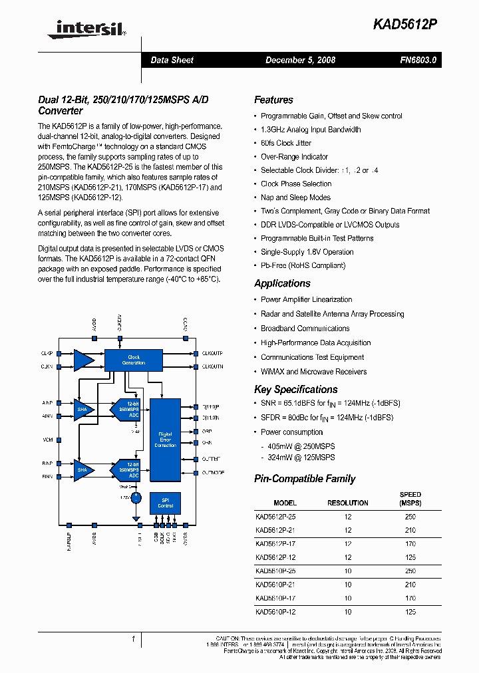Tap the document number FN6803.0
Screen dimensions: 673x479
[x=418, y=60]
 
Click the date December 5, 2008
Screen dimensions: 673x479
[x=300, y=60]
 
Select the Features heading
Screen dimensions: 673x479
[x=273, y=100]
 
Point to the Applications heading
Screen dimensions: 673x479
[x=283, y=283]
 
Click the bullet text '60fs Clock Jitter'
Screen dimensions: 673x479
[x=285, y=143]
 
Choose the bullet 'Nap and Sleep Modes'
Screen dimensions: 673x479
[x=295, y=198]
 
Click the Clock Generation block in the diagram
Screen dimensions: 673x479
[x=134, y=359]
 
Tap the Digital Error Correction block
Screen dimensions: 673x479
[x=165, y=439]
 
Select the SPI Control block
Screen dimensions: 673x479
[x=165, y=503]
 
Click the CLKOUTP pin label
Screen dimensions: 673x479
[x=212, y=353]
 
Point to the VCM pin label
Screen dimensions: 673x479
[x=47, y=440]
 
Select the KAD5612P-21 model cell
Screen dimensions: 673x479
[x=275, y=530]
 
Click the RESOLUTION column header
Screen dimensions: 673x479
[x=348, y=503]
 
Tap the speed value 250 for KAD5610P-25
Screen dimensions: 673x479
[x=410, y=571]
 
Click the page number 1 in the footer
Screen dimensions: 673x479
[x=133, y=639]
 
